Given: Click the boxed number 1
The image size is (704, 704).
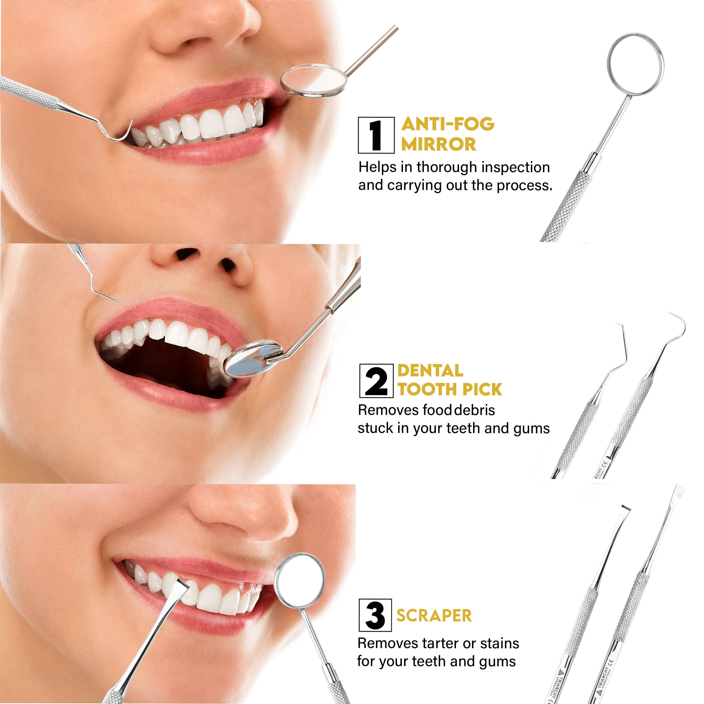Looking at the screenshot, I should pos(376,135).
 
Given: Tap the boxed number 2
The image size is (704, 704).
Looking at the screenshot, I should pos(376,381).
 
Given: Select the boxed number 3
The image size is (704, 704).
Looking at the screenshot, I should pos(375,615).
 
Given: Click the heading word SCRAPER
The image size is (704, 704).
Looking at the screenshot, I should pos(434,616).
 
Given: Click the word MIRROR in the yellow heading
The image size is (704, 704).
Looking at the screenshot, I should pos(438,144).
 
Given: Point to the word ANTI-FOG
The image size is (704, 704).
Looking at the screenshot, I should pos(447,124).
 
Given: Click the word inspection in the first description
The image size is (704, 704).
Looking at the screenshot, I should pos(516,167).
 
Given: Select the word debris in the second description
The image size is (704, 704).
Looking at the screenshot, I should pos(475,410).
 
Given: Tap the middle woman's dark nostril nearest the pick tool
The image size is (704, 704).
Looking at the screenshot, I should pos(187,253).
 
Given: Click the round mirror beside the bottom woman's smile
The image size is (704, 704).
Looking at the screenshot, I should pos(300,581).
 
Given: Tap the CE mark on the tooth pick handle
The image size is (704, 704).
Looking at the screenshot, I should pos(605,464).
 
